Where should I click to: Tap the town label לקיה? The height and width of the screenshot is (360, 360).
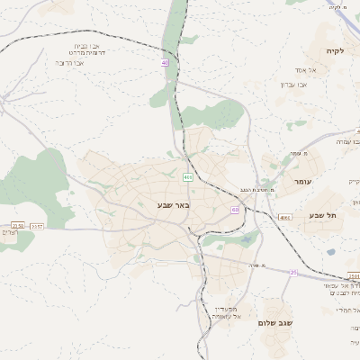(336, 52)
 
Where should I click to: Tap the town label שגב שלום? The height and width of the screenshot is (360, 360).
(275, 322)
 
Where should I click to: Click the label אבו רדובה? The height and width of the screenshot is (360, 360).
(71, 63)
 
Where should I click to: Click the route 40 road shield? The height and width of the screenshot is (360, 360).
(165, 63)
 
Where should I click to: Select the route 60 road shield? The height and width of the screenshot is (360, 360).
(235, 210)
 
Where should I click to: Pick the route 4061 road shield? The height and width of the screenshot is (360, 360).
(285, 217)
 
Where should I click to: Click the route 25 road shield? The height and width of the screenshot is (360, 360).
(293, 272)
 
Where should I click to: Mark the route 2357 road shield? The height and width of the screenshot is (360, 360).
(38, 226)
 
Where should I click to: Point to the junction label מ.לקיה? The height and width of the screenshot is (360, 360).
(337, 7)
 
